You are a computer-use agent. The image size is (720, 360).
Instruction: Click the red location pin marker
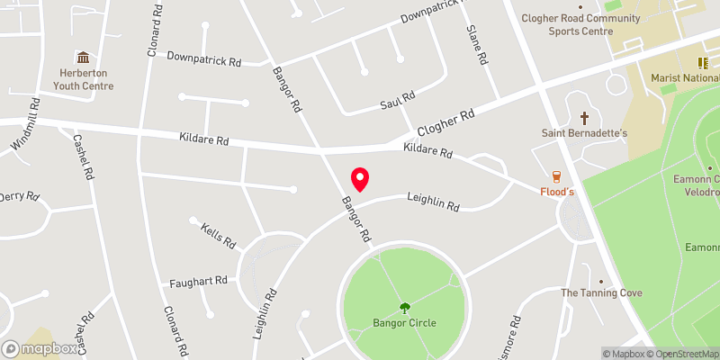click(359, 178)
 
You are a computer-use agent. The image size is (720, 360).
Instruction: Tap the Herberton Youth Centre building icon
click(83, 58)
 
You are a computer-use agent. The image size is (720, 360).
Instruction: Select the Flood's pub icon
click(557, 175)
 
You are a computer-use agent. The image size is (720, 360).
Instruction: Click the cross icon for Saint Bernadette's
click(584, 118)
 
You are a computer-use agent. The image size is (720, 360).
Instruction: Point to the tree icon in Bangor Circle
click(404, 307)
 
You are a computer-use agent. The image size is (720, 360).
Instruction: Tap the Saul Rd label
click(396, 100)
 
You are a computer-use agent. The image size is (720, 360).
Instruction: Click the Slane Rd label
click(477, 44)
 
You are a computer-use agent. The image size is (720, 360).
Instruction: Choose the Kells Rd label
click(218, 236)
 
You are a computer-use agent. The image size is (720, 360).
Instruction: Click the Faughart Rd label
click(198, 283)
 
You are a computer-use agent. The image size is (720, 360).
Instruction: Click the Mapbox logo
click(40, 348)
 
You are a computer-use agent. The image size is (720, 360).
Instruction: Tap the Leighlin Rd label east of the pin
click(433, 201)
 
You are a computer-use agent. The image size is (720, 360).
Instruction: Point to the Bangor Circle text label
click(404, 322)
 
